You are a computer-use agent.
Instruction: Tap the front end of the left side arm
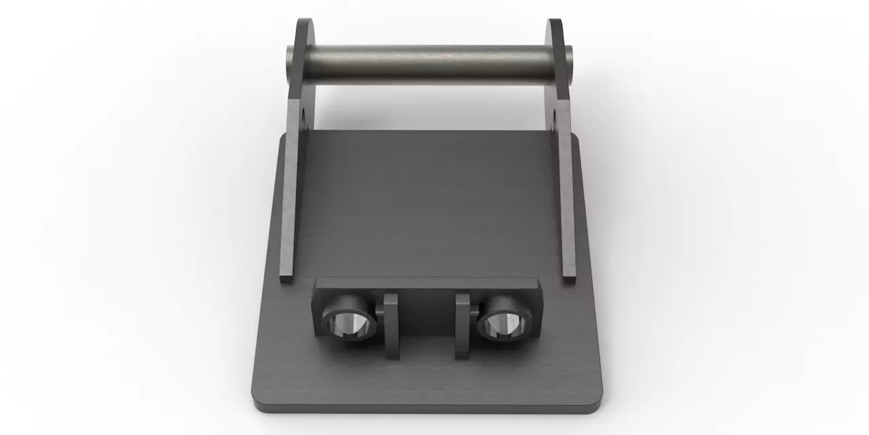point(286,274)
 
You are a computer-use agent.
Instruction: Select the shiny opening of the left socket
point(351,324)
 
